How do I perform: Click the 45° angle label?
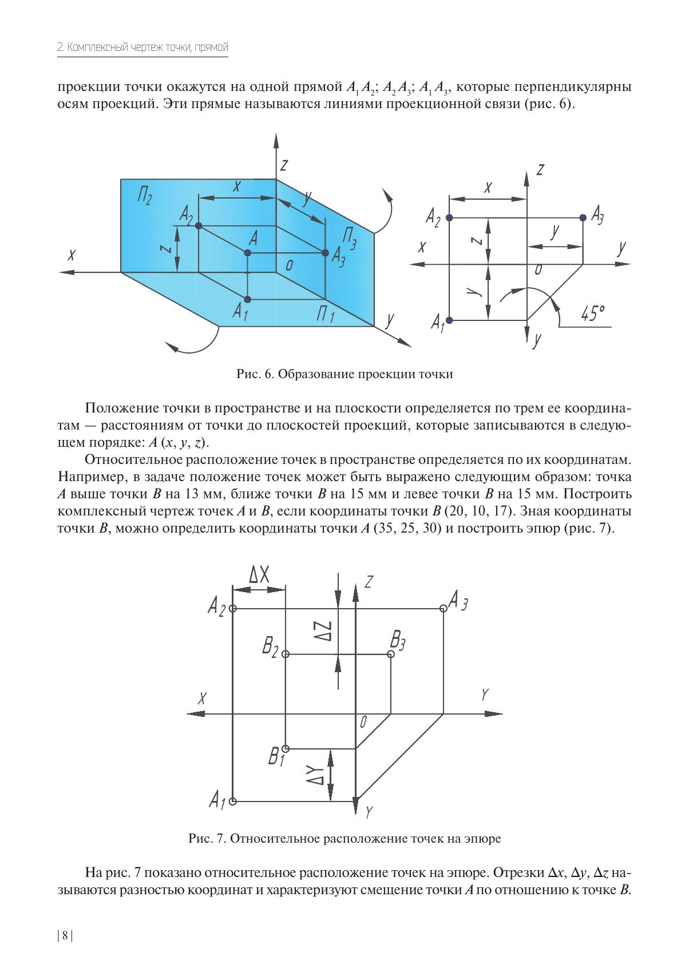click(592, 314)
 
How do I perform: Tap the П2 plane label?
click(144, 195)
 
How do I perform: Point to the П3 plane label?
click(350, 238)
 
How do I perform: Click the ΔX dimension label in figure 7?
click(259, 574)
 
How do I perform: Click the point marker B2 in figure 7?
click(286, 654)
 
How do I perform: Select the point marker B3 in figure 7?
click(391, 654)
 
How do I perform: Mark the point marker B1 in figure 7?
click(286, 748)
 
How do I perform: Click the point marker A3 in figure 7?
click(443, 608)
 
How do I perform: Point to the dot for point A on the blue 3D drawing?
click(247, 253)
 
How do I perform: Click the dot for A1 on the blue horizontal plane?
click(247, 299)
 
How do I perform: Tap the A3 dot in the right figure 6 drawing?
click(583, 217)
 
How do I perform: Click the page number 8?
click(65, 935)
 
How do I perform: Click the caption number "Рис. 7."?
click(208, 839)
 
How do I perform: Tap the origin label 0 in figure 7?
click(363, 722)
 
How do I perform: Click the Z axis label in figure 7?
click(369, 582)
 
